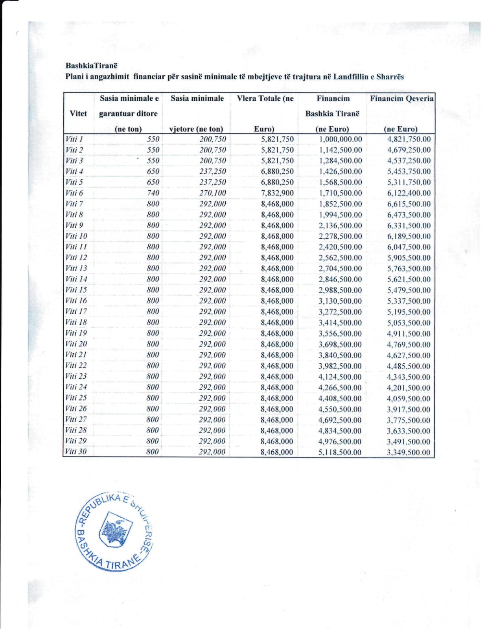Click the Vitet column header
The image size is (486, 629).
tap(78, 114)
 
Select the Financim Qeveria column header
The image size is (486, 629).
tap(401, 99)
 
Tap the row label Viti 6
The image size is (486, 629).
tap(74, 193)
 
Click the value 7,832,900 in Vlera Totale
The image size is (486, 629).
tap(277, 193)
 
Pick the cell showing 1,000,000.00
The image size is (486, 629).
tap(340, 139)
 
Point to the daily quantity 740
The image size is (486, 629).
tap(153, 193)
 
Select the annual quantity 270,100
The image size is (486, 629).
tap(212, 193)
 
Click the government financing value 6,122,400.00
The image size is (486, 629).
tap(409, 193)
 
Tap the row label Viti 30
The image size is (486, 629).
tap(75, 452)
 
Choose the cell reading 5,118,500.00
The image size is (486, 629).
tap(340, 452)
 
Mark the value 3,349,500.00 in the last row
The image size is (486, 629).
tap(408, 452)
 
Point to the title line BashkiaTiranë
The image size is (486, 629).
tap(91, 66)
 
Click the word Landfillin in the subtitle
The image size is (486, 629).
tap(351, 77)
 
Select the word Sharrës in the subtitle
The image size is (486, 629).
tap(390, 77)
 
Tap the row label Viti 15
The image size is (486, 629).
tap(76, 290)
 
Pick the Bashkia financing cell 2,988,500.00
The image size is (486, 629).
tap(340, 290)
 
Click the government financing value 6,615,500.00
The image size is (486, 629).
tap(409, 204)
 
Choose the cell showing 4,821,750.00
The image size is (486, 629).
tap(409, 139)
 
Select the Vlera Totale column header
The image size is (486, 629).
tap(265, 99)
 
